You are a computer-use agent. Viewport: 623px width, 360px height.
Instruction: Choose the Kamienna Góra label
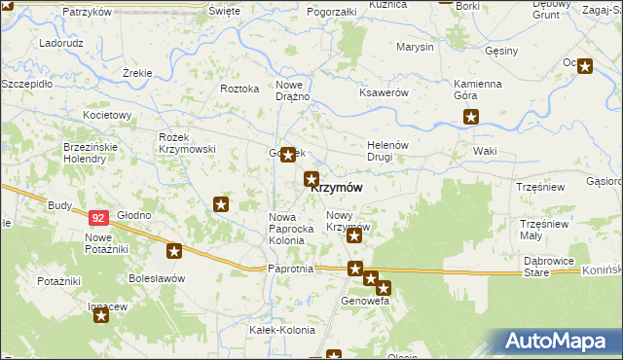[x=477, y=90]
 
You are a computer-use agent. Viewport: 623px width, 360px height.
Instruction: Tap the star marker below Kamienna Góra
[x=472, y=118]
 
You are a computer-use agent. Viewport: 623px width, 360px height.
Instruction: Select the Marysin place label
[x=415, y=47]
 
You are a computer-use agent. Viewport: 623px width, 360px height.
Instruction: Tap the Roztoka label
[x=239, y=89]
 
